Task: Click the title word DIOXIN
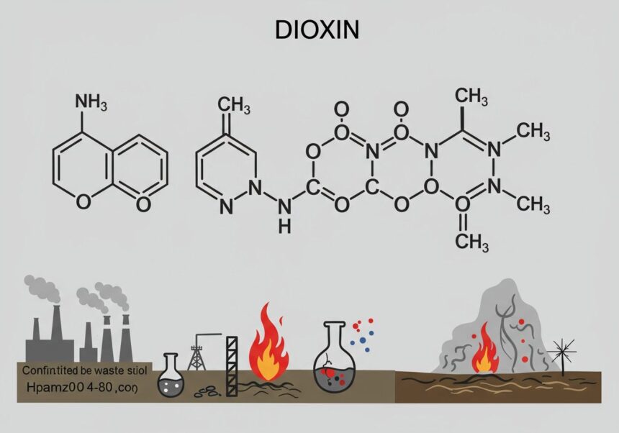click(x=309, y=31)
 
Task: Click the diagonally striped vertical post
click(x=232, y=366)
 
